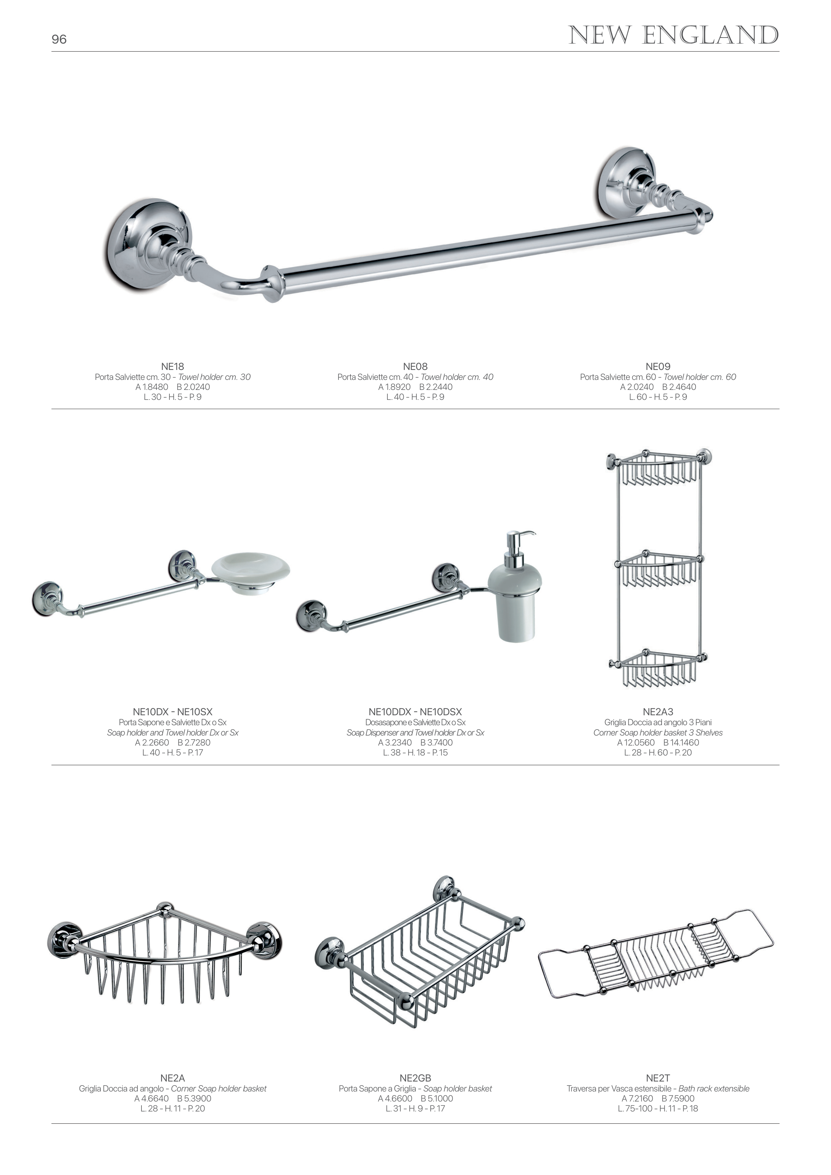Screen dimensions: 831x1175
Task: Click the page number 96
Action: click(x=59, y=39)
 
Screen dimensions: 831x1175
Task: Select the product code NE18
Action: click(x=172, y=366)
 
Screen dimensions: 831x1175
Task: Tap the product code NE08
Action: click(x=415, y=366)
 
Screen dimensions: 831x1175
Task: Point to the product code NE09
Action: click(x=658, y=366)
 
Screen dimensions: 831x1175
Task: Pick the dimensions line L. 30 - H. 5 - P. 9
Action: click(x=172, y=397)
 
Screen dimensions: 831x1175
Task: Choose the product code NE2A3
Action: click(x=658, y=712)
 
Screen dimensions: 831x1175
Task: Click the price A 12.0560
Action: click(x=636, y=743)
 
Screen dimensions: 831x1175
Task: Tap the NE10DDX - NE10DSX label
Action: click(x=415, y=712)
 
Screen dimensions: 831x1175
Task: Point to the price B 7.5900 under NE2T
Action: click(x=678, y=1098)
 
